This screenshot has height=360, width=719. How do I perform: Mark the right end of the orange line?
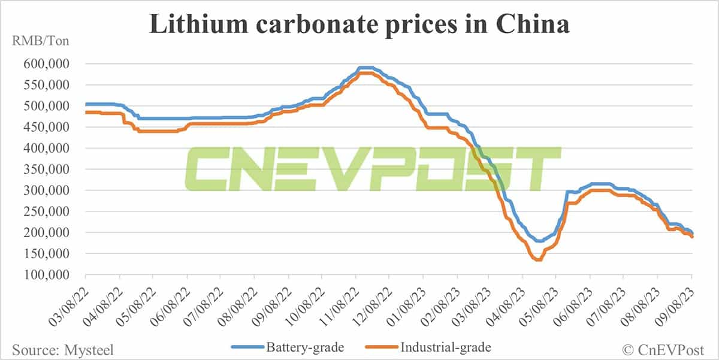point(693,237)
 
